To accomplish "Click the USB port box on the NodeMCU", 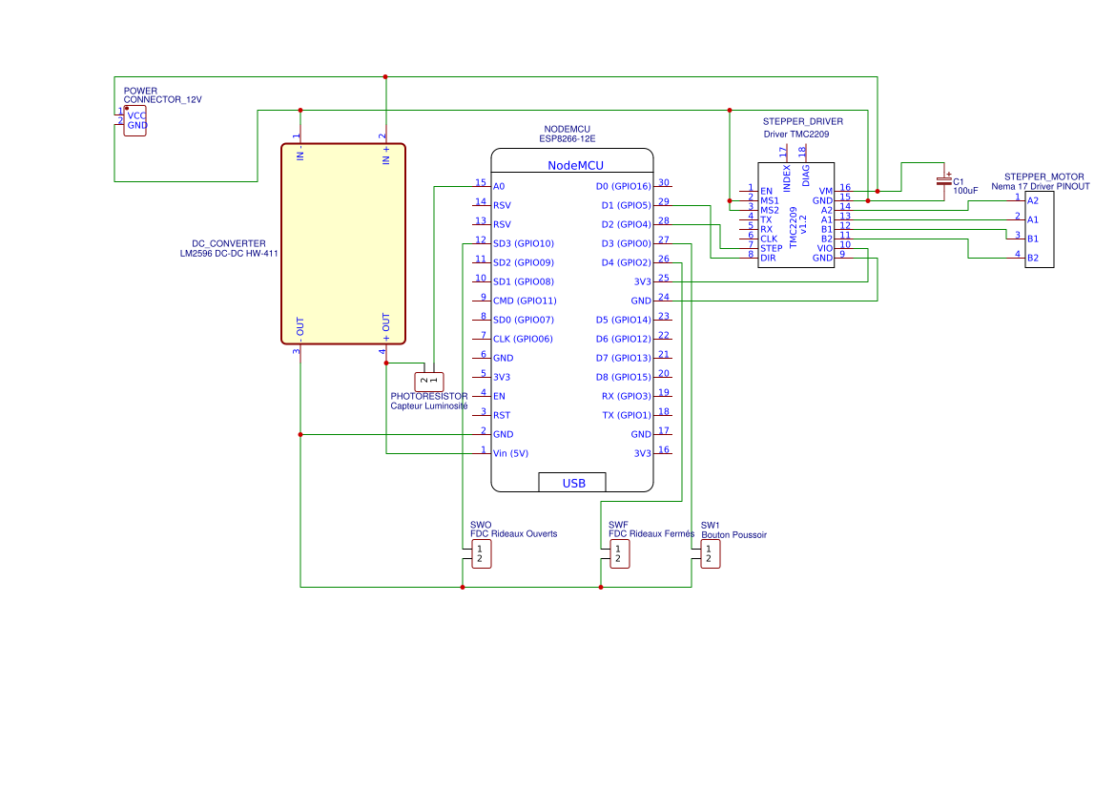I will [573, 483].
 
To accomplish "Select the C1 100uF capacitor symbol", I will [944, 181].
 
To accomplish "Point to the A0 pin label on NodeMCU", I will [499, 186].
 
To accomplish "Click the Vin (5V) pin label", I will [510, 453].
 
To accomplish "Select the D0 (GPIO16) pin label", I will [623, 186].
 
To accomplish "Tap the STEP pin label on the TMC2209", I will [771, 248].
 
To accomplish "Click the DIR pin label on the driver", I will [768, 258].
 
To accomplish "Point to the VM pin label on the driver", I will [826, 191].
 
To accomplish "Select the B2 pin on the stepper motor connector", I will [1033, 258].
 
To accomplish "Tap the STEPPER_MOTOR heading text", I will [1044, 176].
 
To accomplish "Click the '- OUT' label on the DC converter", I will [300, 327].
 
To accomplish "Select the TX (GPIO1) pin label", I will [626, 415].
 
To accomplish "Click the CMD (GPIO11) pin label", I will [524, 301].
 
